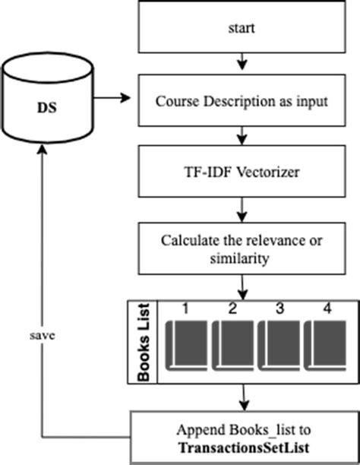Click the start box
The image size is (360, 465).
click(x=242, y=28)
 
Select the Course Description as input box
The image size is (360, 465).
click(x=242, y=101)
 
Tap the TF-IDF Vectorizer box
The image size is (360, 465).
click(x=242, y=172)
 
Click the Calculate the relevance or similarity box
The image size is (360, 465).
click(x=242, y=248)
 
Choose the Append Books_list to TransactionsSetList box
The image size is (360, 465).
click(x=242, y=436)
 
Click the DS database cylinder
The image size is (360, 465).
click(x=47, y=99)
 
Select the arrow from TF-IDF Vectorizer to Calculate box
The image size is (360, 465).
click(x=242, y=209)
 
